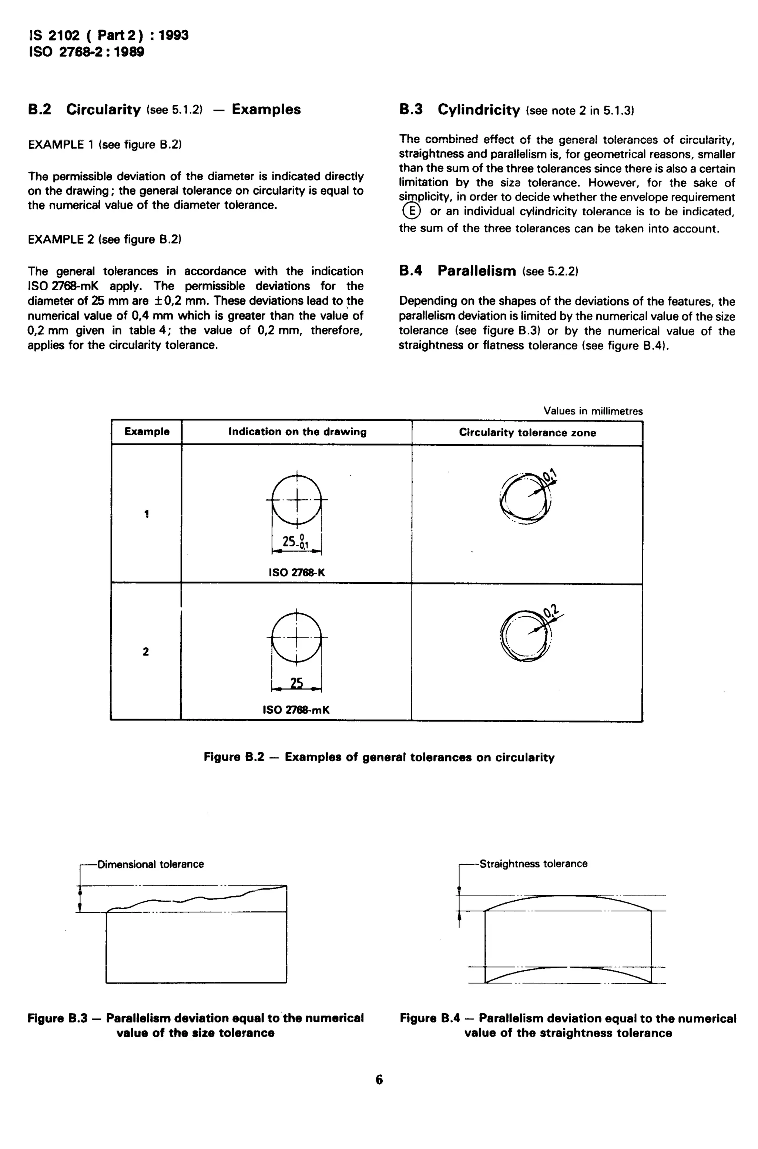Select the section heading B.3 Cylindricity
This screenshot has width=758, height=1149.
(478, 110)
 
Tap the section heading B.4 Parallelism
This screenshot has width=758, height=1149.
(476, 271)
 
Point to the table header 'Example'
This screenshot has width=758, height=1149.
(147, 432)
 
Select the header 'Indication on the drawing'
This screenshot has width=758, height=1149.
(297, 432)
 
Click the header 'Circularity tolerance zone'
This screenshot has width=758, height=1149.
(527, 433)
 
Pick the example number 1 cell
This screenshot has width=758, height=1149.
(147, 514)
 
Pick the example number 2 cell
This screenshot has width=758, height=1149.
(146, 651)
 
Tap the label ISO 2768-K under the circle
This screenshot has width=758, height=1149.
(297, 573)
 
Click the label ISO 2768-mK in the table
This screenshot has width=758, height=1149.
(296, 710)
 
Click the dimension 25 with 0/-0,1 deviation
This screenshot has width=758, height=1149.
(295, 542)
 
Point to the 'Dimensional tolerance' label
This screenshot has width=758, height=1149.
(150, 864)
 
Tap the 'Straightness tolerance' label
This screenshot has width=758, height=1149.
(533, 864)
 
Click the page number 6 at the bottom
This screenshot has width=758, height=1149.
(379, 1080)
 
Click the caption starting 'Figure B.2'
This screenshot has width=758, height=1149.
(379, 757)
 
